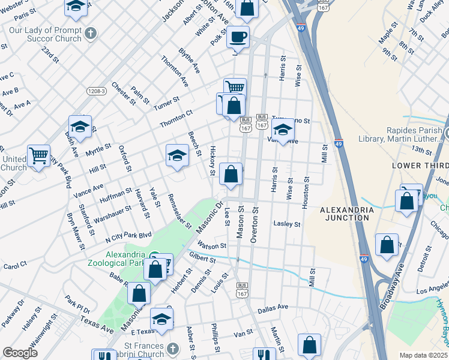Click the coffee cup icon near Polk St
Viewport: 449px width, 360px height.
coord(238,37)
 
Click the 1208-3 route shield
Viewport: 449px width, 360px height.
coord(95,91)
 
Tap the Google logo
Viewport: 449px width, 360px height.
coord(20,353)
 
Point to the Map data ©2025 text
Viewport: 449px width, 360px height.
coord(424,355)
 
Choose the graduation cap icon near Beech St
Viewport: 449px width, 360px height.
coord(177,156)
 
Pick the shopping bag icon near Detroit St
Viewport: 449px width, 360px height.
coord(387,245)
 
